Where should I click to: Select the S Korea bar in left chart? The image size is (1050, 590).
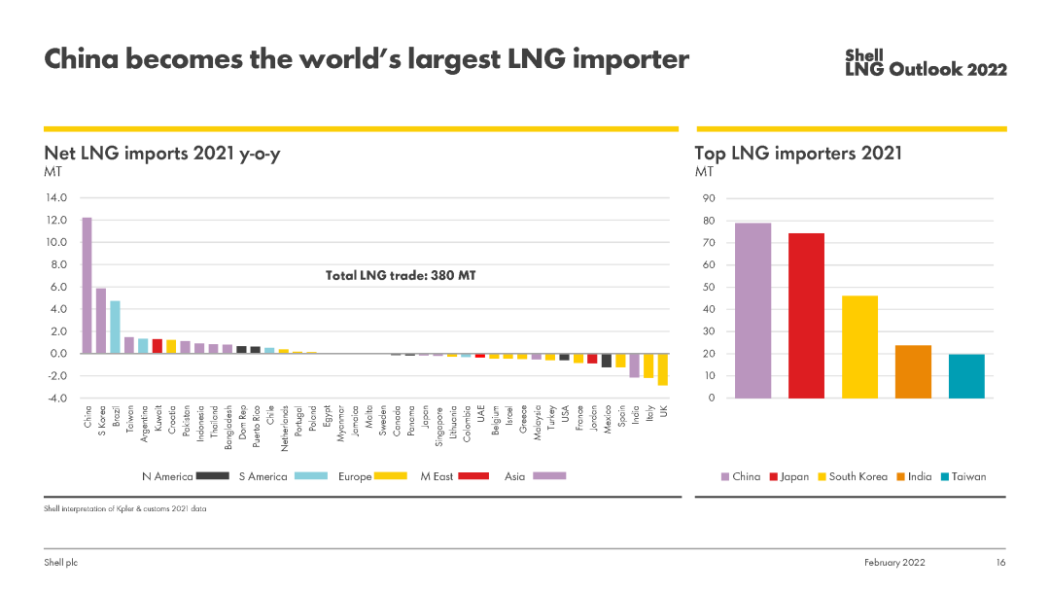point(100,321)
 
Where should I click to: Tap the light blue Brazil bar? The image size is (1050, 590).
point(115,327)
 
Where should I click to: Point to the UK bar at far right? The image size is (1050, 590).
point(663,369)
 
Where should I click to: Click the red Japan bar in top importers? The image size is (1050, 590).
point(806,315)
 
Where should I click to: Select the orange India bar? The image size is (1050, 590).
point(913,371)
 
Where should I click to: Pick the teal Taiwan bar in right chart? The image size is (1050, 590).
point(966,376)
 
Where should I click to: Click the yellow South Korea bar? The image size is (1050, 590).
point(859,346)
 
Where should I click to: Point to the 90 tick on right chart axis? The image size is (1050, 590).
point(709,198)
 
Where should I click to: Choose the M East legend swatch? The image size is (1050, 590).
point(472,476)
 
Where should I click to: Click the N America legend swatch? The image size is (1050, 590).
point(212,476)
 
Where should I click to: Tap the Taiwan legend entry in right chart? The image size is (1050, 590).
point(962,476)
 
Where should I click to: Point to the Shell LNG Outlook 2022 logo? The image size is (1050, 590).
point(926,63)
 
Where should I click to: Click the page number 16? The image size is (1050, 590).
point(999,563)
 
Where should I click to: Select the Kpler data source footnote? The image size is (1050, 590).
point(125,508)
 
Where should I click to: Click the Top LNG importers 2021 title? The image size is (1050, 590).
point(798,153)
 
